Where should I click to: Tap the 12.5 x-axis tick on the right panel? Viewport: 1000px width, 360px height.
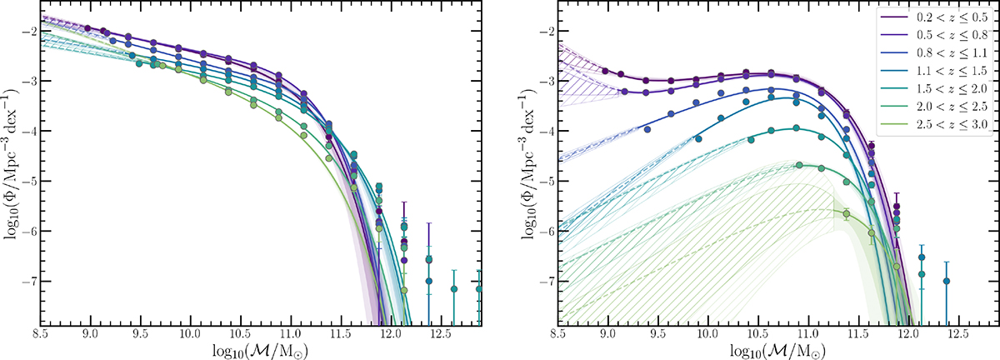[958, 333]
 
